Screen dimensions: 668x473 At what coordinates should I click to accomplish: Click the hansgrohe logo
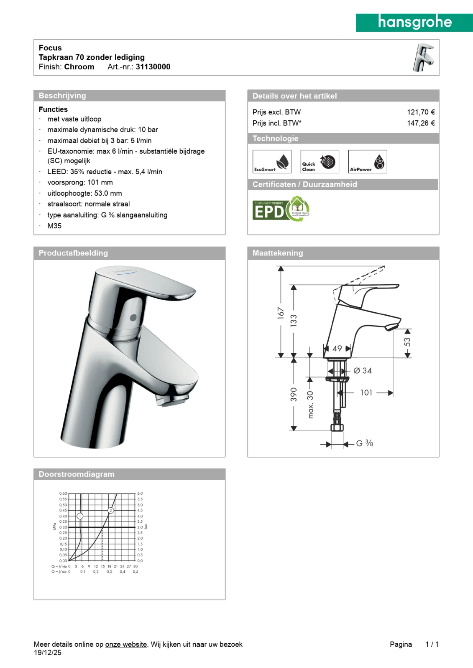414,23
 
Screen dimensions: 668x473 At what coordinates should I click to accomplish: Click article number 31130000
153,67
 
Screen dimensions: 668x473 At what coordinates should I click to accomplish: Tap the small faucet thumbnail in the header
424,58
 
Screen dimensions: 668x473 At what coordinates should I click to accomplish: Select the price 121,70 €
421,112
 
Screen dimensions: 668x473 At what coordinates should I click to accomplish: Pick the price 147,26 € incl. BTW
421,123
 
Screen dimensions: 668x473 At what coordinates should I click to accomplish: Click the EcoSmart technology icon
272,162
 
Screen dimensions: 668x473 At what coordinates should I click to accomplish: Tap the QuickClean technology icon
320,162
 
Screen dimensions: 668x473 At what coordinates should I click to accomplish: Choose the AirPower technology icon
368,162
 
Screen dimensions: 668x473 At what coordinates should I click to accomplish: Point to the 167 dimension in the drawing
280,313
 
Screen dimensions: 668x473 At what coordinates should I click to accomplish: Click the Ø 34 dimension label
363,371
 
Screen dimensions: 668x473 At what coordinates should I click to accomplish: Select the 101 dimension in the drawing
366,393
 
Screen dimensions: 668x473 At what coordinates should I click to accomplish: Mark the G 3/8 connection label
364,443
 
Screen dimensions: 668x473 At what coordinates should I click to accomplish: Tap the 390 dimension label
294,395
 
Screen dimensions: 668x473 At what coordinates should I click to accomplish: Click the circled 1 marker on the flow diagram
80,516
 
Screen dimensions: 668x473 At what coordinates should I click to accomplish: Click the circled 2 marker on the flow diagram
111,510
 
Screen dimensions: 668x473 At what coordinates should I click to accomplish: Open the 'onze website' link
126,644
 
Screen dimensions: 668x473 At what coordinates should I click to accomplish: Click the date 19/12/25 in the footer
48,653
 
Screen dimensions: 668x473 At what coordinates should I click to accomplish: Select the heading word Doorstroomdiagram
77,474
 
